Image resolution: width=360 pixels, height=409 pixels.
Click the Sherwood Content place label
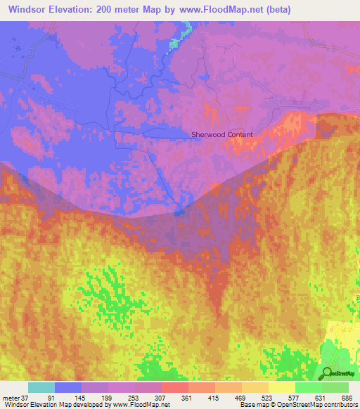pyautogui.click(x=222, y=134)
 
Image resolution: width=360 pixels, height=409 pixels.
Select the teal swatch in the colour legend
pyautogui.click(x=41, y=387)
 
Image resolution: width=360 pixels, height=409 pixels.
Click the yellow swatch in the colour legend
pyautogui.click(x=281, y=387)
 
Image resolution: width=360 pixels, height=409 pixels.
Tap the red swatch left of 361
pyautogui.click(x=174, y=387)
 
